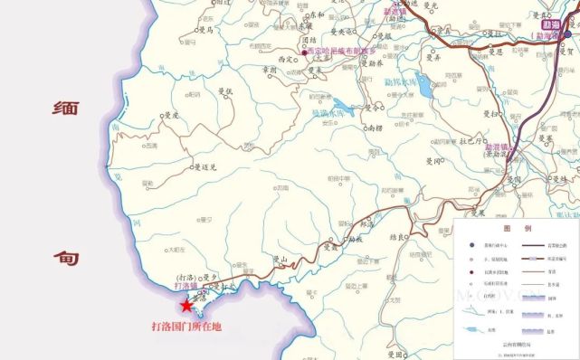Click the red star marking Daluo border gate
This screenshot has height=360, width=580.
pyautogui.click(x=187, y=305)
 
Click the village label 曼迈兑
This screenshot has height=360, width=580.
pyautogui.click(x=211, y=167)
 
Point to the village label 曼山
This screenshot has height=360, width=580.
pyautogui.click(x=280, y=260)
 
